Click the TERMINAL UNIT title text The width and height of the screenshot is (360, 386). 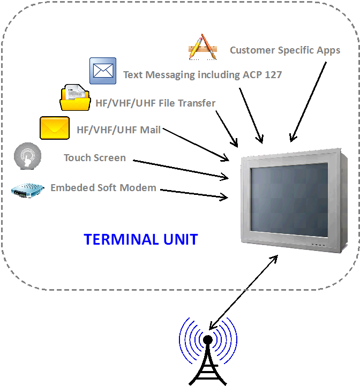tap(140, 239)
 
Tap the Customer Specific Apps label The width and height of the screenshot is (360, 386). tap(285, 50)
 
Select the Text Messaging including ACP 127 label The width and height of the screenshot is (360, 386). tap(202, 74)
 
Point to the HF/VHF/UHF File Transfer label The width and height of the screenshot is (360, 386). tap(155, 103)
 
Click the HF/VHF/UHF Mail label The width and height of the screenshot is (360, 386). tap(118, 130)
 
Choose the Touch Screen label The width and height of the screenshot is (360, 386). tap(95, 158)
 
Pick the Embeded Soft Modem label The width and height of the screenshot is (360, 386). tap(103, 188)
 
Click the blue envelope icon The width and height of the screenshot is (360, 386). tap(103, 71)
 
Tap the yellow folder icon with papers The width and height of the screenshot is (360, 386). tap(74, 97)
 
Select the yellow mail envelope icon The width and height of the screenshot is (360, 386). tap(54, 128)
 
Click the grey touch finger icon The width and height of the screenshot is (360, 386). tap(26, 156)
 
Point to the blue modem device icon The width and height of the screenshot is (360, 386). tap(27, 190)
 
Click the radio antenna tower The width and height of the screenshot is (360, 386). tap(207, 353)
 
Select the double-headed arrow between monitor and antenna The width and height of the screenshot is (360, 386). tap(243, 292)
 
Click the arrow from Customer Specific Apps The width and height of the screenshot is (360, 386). tap(309, 102)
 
